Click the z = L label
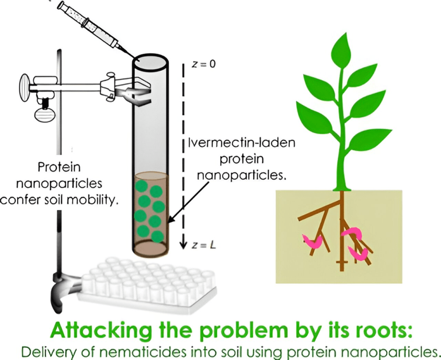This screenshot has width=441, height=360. coord(203,245)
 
